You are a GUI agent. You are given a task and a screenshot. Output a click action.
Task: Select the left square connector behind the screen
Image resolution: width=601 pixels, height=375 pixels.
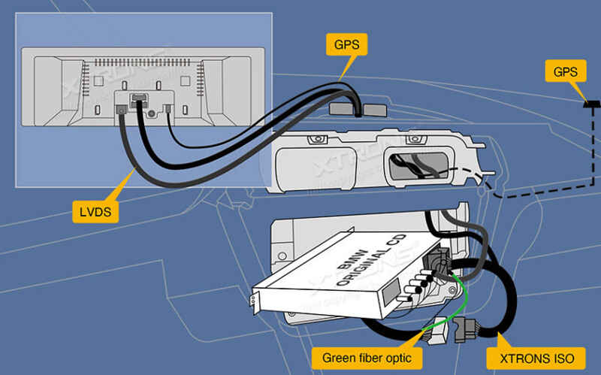point(120,110)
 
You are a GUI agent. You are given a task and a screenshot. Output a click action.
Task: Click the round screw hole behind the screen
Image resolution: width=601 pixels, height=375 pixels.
point(152,113)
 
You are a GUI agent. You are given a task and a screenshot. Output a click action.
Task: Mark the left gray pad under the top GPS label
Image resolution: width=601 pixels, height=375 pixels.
point(341,110)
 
